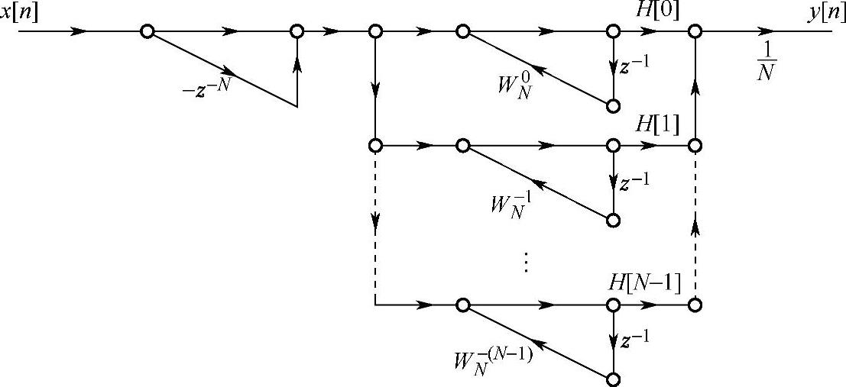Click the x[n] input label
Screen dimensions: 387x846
pyautogui.click(x=21, y=11)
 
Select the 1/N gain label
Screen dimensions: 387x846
pyautogui.click(x=767, y=63)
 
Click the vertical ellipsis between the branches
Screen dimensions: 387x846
pyautogui.click(x=526, y=262)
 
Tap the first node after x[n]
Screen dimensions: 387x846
pyautogui.click(x=147, y=31)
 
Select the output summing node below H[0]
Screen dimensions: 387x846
pyautogui.click(x=695, y=31)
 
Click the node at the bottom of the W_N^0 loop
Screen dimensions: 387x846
pyautogui.click(x=612, y=106)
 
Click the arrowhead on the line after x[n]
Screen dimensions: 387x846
pyautogui.click(x=79, y=31)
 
